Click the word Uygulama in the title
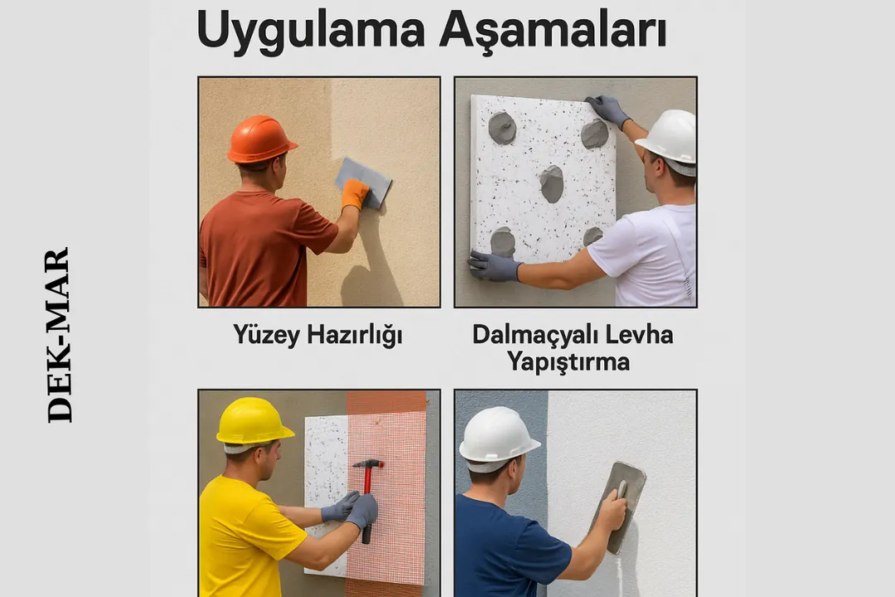pyautogui.click(x=310, y=31)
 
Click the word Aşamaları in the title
pyautogui.click(x=553, y=31)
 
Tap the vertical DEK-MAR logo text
pyautogui.click(x=59, y=335)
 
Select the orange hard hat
pyautogui.click(x=261, y=138)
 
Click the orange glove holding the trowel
pyautogui.click(x=355, y=193)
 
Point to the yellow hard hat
pyautogui.click(x=253, y=421)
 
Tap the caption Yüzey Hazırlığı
pyautogui.click(x=317, y=335)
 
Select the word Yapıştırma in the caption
pyautogui.click(x=568, y=362)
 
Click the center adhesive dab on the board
pyautogui.click(x=552, y=183)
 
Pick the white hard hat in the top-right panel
pyautogui.click(x=668, y=136)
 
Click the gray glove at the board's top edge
pyautogui.click(x=608, y=109)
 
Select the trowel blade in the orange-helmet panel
pyautogui.click(x=364, y=179)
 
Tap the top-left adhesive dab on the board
pyautogui.click(x=502, y=128)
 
